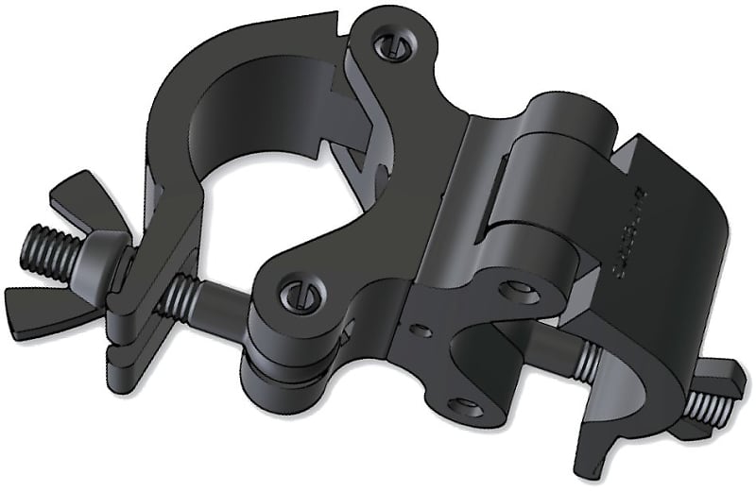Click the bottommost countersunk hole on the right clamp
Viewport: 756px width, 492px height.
coord(462,405)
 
